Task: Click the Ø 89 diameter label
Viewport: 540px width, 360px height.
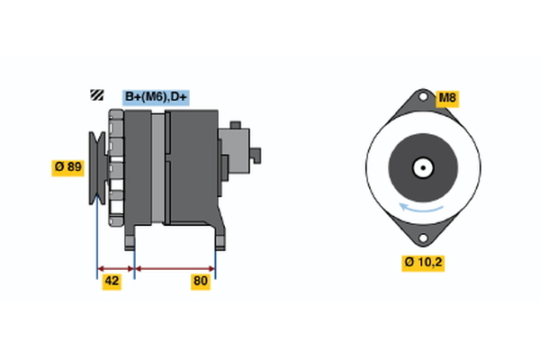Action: [68, 166]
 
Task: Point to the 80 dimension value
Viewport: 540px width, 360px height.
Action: [201, 282]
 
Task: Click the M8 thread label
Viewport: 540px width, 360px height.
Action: [447, 97]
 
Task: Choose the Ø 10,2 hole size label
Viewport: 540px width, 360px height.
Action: [423, 263]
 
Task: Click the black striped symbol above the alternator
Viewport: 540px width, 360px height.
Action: [94, 96]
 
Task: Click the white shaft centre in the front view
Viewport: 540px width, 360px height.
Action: [421, 167]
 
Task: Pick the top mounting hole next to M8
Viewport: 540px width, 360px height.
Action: [421, 101]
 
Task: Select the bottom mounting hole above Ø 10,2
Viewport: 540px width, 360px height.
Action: [421, 236]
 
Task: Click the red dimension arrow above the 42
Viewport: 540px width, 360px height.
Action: [115, 268]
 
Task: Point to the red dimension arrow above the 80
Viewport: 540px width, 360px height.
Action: [175, 268]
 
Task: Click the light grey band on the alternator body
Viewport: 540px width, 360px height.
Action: [158, 171]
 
